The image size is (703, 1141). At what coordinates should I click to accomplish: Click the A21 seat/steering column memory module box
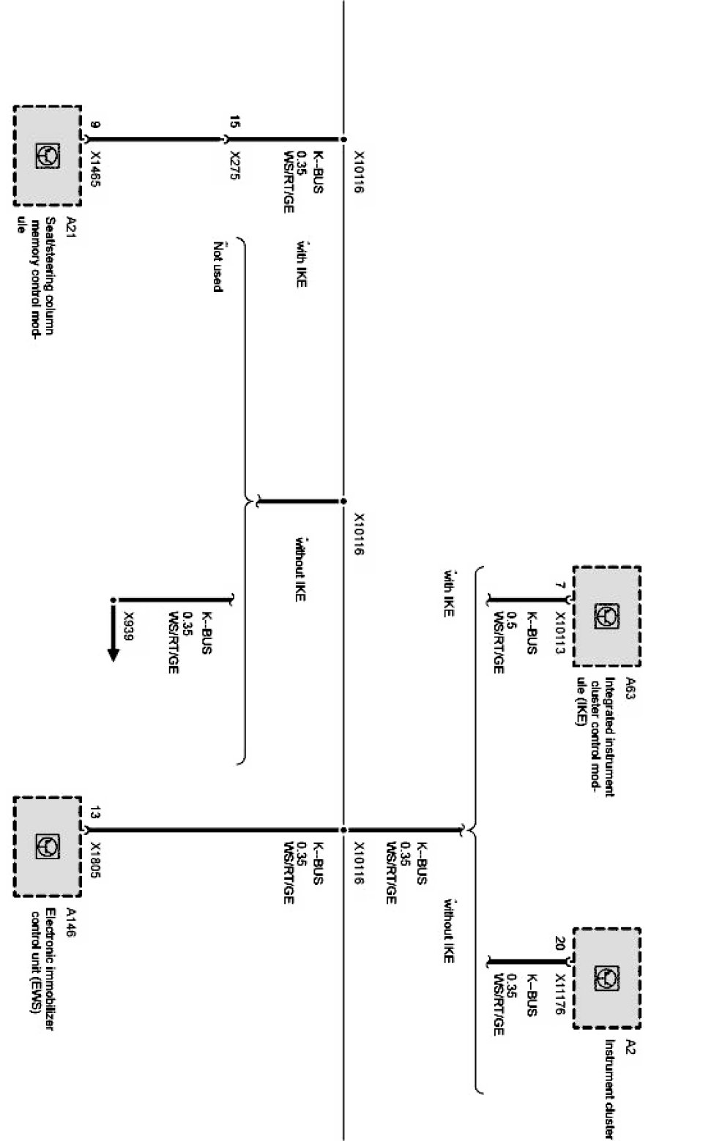click(x=47, y=156)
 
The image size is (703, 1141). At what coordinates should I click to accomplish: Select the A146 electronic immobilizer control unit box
click(x=47, y=846)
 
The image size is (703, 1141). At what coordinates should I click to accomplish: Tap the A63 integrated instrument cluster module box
click(x=606, y=616)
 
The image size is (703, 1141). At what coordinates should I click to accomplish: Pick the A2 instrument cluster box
click(x=606, y=977)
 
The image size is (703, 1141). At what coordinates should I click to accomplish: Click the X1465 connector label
click(x=94, y=170)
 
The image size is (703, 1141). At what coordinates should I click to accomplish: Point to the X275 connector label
click(x=235, y=169)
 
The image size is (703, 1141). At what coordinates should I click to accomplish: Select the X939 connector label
click(x=130, y=626)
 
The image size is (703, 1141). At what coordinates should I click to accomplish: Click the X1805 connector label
click(x=94, y=861)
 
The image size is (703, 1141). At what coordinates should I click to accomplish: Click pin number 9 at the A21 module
click(x=93, y=125)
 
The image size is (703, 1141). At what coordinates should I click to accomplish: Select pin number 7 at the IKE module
click(x=560, y=585)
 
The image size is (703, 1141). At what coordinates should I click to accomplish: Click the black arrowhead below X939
click(x=113, y=653)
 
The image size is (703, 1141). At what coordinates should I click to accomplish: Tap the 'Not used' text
click(x=217, y=266)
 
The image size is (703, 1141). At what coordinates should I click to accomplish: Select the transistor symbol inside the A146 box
click(x=48, y=847)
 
